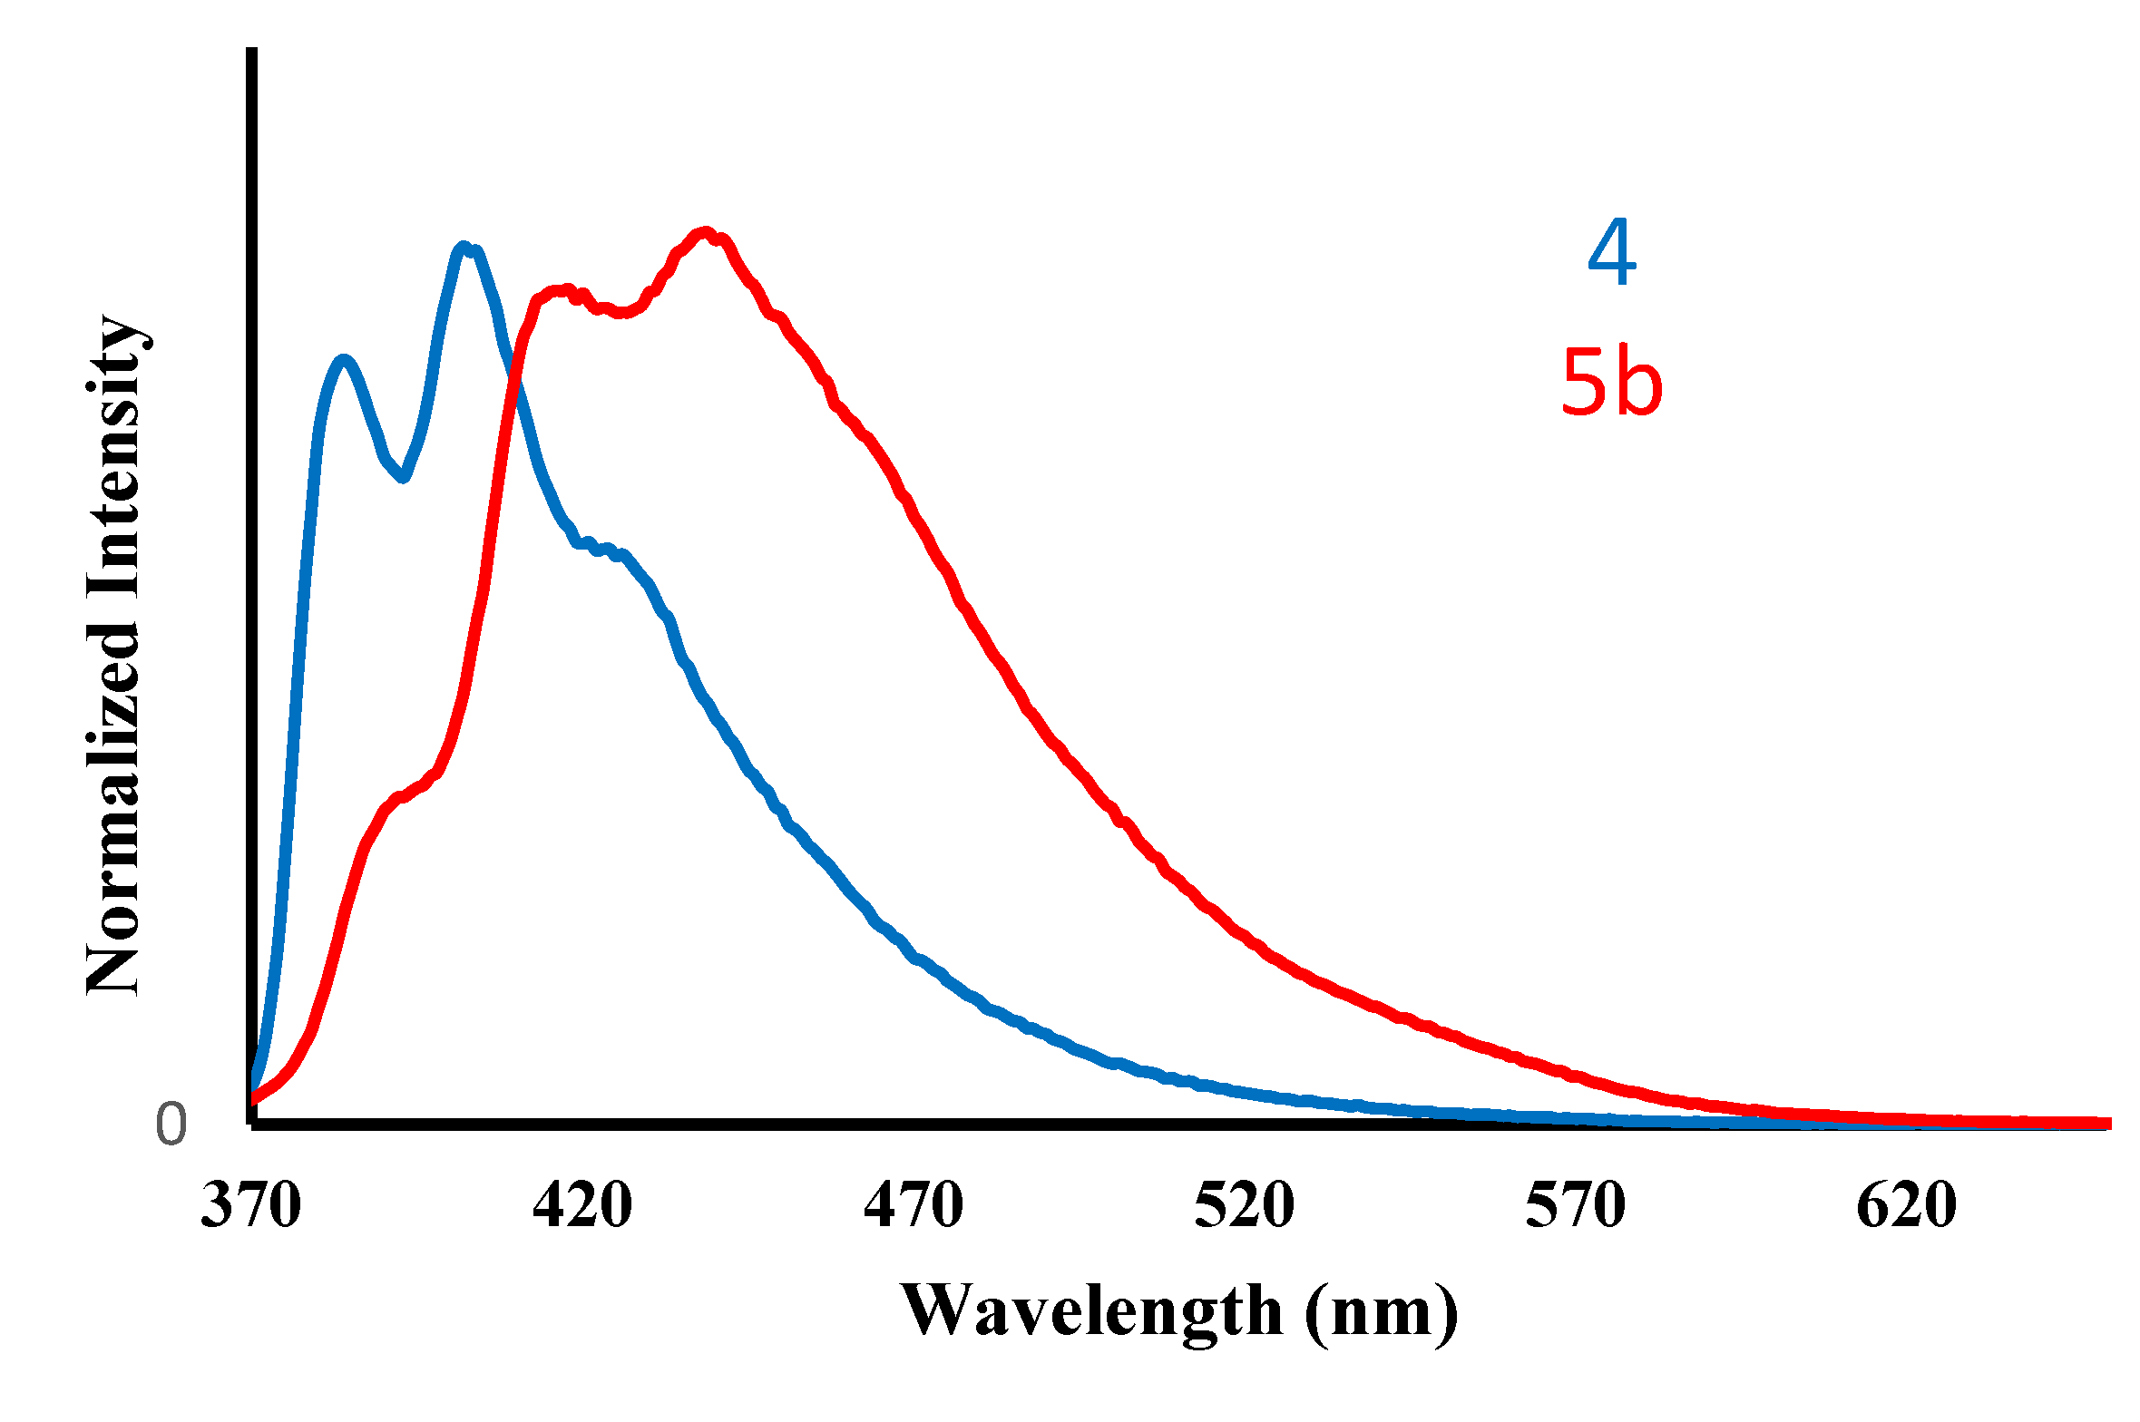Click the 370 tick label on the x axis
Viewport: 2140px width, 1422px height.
click(x=250, y=1207)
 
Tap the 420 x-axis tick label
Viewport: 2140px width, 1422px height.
click(x=581, y=1207)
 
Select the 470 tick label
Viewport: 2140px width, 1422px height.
click(x=913, y=1207)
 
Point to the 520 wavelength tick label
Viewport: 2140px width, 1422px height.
click(x=1244, y=1207)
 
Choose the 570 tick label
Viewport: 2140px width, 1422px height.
click(x=1575, y=1207)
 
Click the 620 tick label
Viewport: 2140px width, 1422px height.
click(x=1906, y=1207)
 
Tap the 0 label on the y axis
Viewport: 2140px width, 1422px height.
click(x=171, y=1125)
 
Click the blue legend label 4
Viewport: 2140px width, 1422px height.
click(x=1612, y=253)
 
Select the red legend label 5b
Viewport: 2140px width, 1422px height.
click(x=1611, y=384)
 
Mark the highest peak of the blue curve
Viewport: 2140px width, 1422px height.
click(x=464, y=247)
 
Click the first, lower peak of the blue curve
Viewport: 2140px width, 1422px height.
click(x=343, y=360)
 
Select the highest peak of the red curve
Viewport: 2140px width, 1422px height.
click(x=705, y=232)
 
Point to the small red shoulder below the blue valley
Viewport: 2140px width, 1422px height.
click(x=399, y=797)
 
